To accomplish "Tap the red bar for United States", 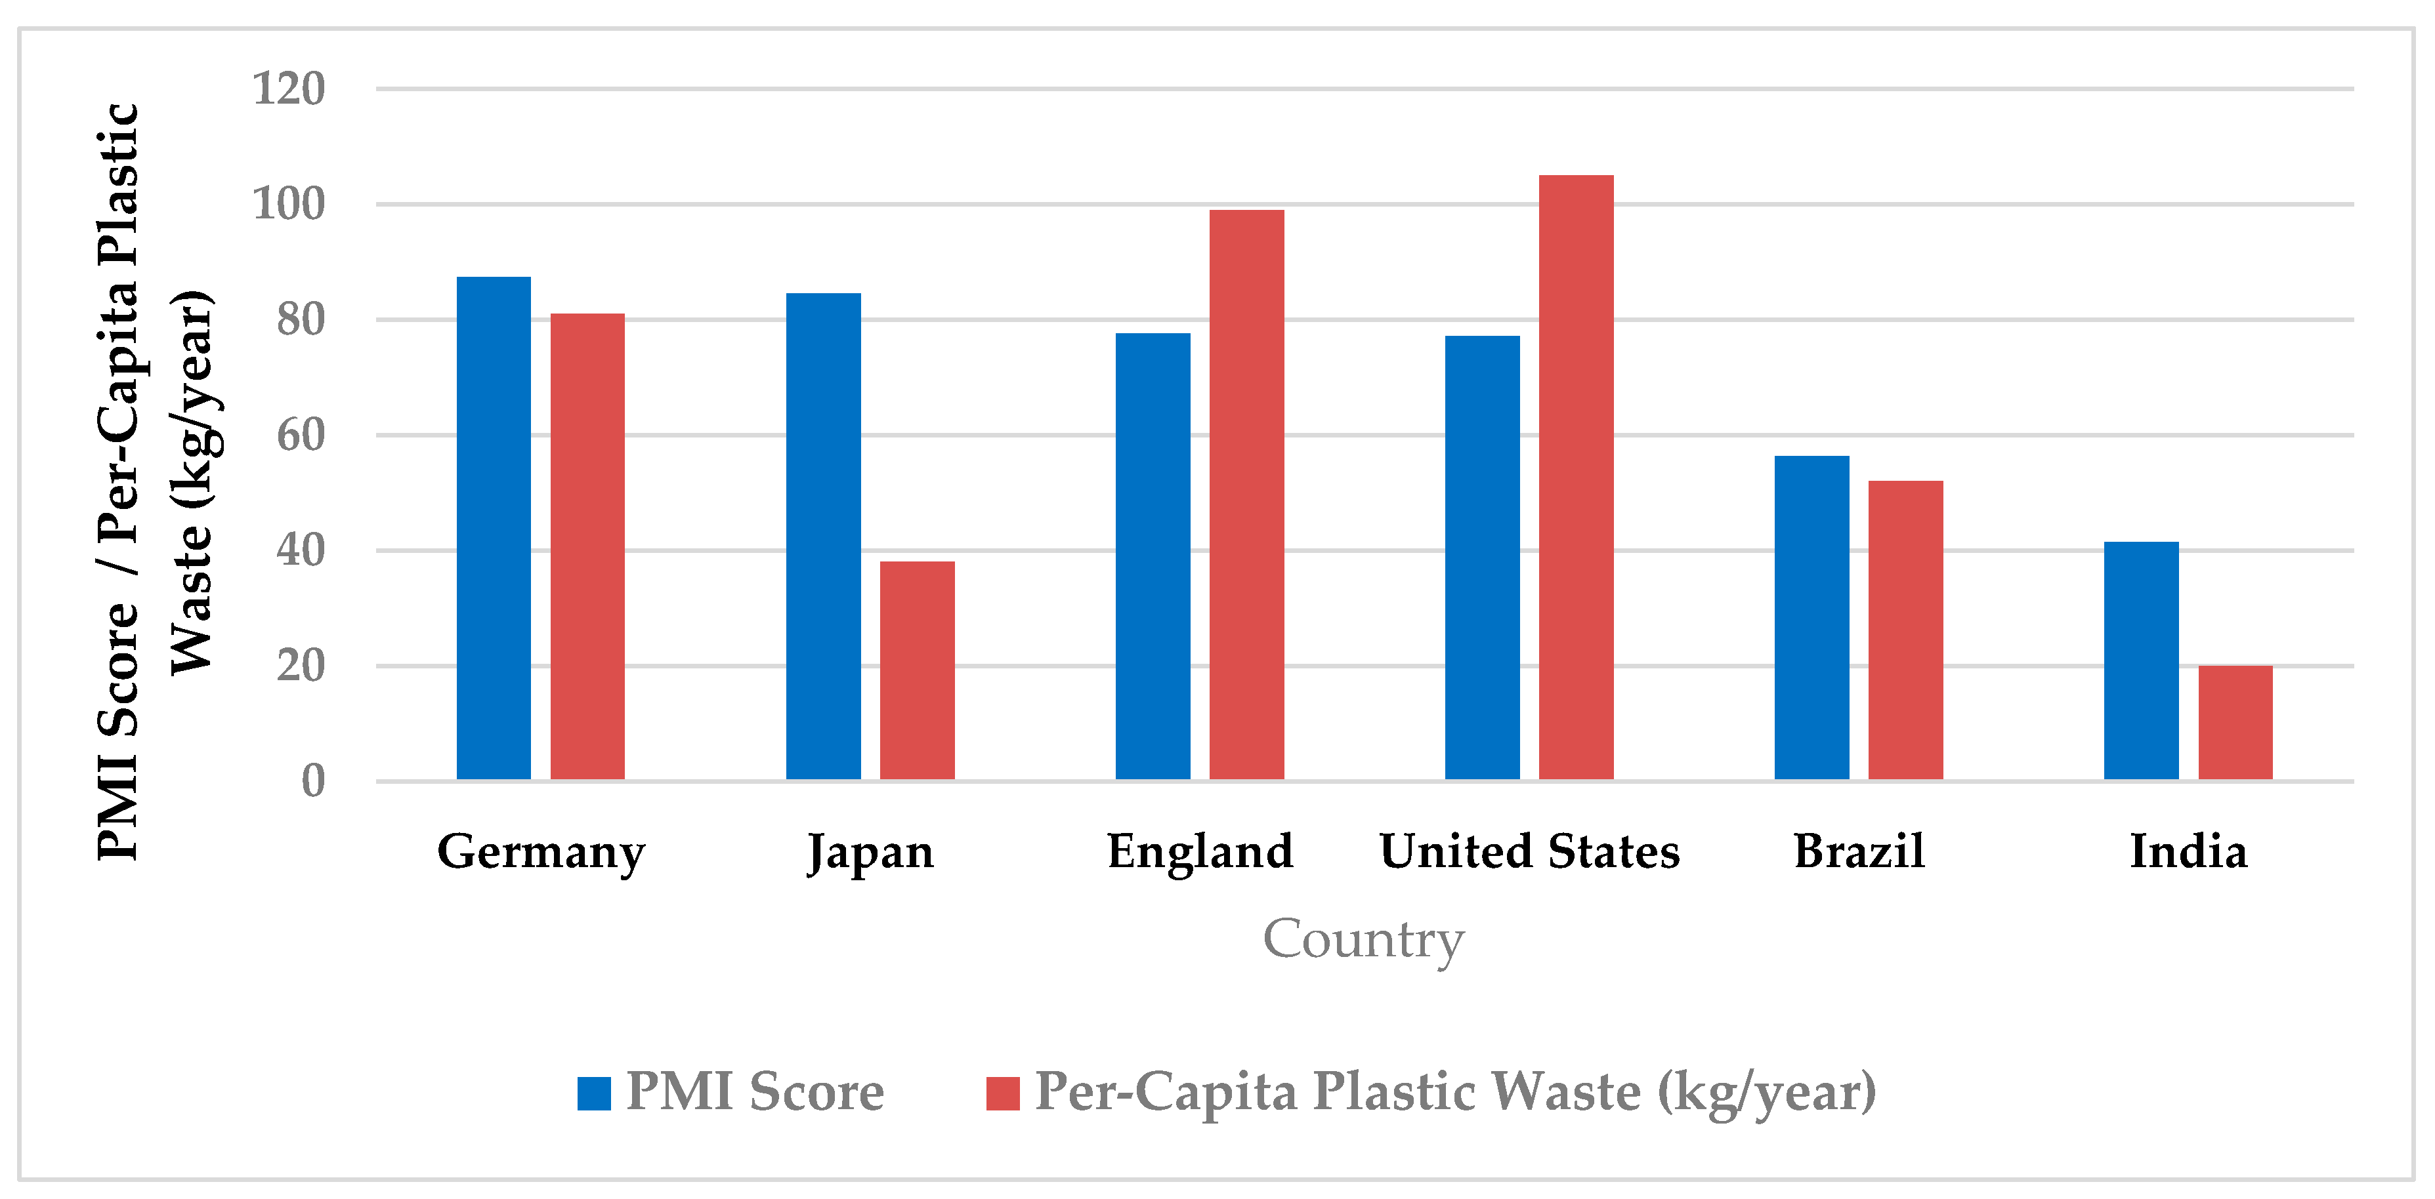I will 1576,477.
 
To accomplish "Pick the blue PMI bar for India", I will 2141,660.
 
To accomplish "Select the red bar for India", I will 2235,723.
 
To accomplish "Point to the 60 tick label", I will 300,436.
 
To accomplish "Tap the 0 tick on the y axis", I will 313,781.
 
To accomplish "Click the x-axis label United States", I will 1529,851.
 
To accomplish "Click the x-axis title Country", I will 1363,939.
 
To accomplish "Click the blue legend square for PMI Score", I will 593,1093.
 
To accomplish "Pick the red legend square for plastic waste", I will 1002,1093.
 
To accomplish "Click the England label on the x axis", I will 1200,851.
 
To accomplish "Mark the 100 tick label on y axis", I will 288,204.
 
